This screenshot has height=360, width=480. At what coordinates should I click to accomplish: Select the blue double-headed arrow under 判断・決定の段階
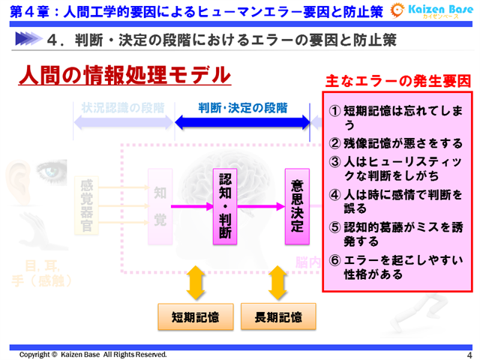(x=242, y=121)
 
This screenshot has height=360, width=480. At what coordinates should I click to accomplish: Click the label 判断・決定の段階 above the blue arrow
(x=242, y=107)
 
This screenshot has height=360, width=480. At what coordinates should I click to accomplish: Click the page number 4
(x=469, y=354)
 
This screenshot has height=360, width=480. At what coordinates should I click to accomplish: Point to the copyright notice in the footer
(x=94, y=354)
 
